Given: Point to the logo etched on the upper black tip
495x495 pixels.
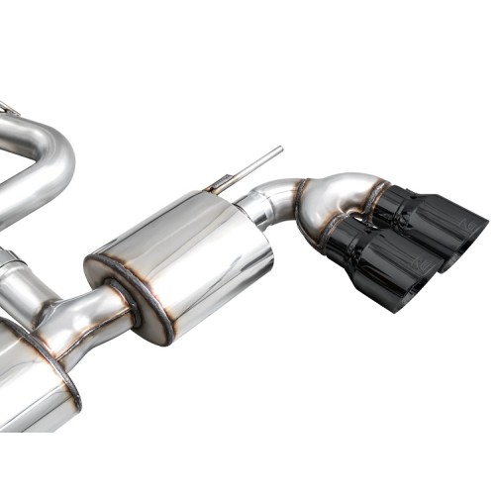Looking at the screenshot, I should tap(464, 226).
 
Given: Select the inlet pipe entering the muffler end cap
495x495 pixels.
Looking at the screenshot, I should tap(94, 312).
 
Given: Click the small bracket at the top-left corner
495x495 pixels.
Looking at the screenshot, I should tap(8, 107).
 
